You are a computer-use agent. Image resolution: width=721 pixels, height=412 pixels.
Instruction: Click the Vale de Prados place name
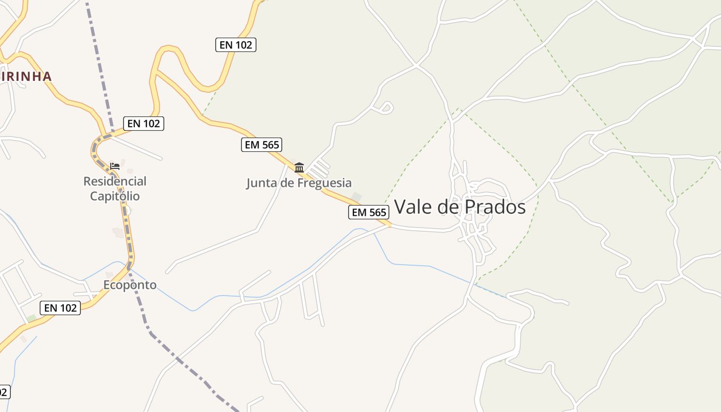(x=459, y=207)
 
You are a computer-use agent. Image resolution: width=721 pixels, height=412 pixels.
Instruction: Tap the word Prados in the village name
(x=495, y=207)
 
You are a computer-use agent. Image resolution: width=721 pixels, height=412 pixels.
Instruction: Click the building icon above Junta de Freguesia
(x=299, y=167)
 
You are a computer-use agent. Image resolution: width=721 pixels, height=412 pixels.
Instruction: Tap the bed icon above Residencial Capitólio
(x=115, y=166)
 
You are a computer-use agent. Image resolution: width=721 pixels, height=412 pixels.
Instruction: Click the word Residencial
(x=115, y=181)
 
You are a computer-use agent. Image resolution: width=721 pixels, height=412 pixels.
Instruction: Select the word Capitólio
(x=115, y=196)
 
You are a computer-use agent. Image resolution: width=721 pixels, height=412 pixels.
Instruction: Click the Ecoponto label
(x=130, y=285)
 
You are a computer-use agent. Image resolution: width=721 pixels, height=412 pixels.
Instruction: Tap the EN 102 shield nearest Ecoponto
(x=61, y=308)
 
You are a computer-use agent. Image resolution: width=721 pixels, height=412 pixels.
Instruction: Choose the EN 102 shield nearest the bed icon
(x=144, y=124)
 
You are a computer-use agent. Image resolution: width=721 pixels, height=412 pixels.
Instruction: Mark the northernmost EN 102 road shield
(x=235, y=45)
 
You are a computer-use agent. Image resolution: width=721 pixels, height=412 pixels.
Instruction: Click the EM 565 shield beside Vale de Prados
(x=369, y=212)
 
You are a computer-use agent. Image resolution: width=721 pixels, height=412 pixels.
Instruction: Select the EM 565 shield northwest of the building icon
(x=262, y=145)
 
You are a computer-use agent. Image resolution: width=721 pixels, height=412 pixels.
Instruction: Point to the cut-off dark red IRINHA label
(x=26, y=77)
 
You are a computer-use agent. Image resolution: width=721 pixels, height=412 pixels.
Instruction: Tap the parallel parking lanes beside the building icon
(x=320, y=168)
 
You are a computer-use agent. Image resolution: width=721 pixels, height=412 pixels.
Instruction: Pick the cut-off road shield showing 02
(x=4, y=391)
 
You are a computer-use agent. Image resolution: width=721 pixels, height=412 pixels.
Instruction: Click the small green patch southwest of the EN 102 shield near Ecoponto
(x=32, y=318)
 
